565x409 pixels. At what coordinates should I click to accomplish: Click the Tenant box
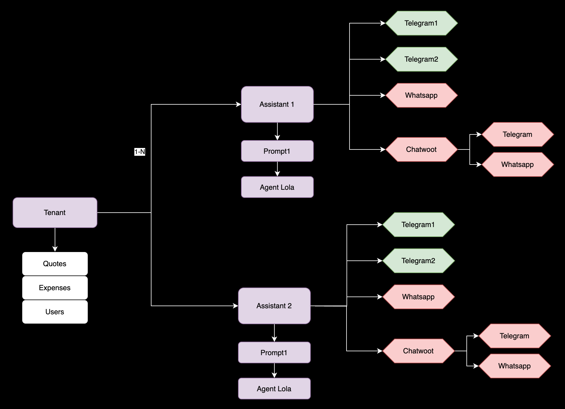[55, 213]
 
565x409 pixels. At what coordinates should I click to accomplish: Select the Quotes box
[55, 264]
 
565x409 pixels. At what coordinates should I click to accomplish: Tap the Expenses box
[55, 288]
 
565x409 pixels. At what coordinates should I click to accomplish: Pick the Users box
[55, 312]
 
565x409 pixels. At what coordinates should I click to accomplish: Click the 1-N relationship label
[140, 152]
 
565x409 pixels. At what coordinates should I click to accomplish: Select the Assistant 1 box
[277, 104]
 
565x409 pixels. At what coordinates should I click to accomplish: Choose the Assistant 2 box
[274, 306]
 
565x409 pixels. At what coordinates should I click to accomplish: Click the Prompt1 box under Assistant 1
[277, 151]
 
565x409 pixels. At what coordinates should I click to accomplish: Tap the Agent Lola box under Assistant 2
[274, 389]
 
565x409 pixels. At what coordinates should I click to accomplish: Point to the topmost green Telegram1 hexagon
[421, 23]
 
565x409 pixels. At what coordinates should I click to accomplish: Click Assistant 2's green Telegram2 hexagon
[418, 261]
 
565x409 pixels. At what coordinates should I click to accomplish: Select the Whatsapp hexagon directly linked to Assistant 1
[421, 95]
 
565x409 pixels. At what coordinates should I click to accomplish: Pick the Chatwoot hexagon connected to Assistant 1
[421, 149]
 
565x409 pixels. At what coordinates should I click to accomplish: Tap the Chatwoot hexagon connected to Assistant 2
[418, 351]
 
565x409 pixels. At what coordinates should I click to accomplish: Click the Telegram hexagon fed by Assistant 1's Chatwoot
[518, 134]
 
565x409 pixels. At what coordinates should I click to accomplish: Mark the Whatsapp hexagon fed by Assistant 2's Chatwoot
[515, 366]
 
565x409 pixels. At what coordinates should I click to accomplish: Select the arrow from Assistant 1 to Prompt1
[277, 131]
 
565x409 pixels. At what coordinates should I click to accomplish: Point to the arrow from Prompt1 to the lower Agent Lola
[274, 371]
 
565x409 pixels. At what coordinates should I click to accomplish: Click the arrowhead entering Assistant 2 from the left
[236, 306]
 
